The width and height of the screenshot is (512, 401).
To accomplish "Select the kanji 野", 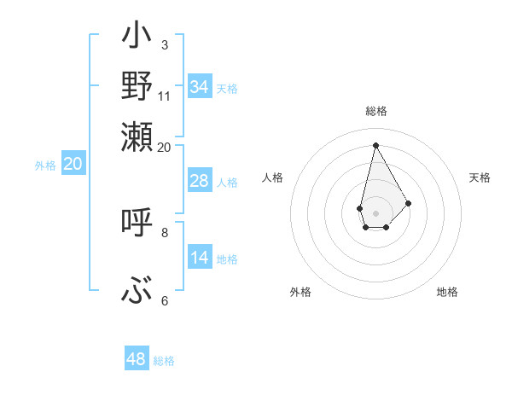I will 137,85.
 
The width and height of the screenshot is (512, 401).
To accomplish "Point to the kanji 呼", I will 137,223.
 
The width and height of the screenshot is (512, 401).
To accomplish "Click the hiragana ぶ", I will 137,291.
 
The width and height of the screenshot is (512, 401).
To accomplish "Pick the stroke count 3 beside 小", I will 164,44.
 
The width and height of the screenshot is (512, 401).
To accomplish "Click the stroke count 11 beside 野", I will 165,95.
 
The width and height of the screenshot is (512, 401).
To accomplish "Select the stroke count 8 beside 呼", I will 164,231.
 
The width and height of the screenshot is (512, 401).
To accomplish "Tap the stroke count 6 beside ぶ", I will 164,300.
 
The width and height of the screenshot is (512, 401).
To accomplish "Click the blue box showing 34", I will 200,87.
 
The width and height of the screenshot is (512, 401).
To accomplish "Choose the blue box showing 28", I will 200,181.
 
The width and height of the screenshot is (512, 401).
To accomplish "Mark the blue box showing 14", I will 200,258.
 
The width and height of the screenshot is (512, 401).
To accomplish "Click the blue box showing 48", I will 137,359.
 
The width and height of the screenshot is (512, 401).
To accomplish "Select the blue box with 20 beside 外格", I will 73,165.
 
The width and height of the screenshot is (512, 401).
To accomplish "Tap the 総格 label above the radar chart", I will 375,112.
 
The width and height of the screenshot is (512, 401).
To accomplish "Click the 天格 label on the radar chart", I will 480,177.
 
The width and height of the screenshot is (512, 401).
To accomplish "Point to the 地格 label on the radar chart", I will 447,292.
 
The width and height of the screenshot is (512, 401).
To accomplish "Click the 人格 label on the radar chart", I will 272,177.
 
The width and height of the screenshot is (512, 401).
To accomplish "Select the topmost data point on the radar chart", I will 375,145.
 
